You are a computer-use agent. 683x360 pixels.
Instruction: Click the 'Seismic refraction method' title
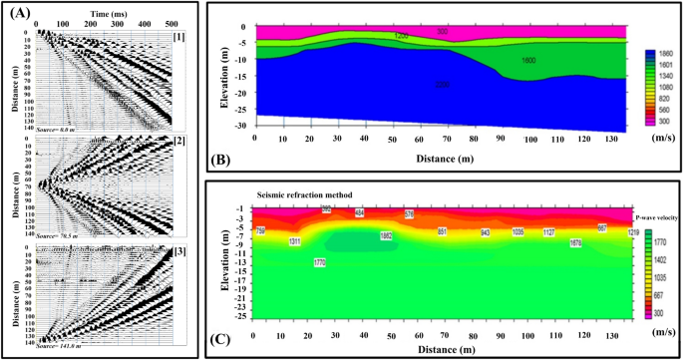pyautogui.click(x=304, y=192)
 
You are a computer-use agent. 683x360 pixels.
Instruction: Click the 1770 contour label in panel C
pyautogui.click(x=320, y=262)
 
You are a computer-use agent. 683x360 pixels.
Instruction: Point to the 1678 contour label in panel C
pyautogui.click(x=575, y=242)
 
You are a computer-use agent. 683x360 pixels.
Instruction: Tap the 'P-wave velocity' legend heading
pyautogui.click(x=656, y=216)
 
